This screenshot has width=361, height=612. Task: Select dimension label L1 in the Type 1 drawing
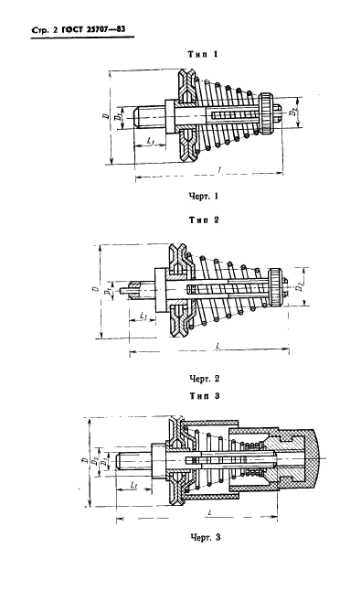pyautogui.click(x=150, y=140)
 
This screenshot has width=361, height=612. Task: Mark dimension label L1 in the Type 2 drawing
pyautogui.click(x=146, y=317)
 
